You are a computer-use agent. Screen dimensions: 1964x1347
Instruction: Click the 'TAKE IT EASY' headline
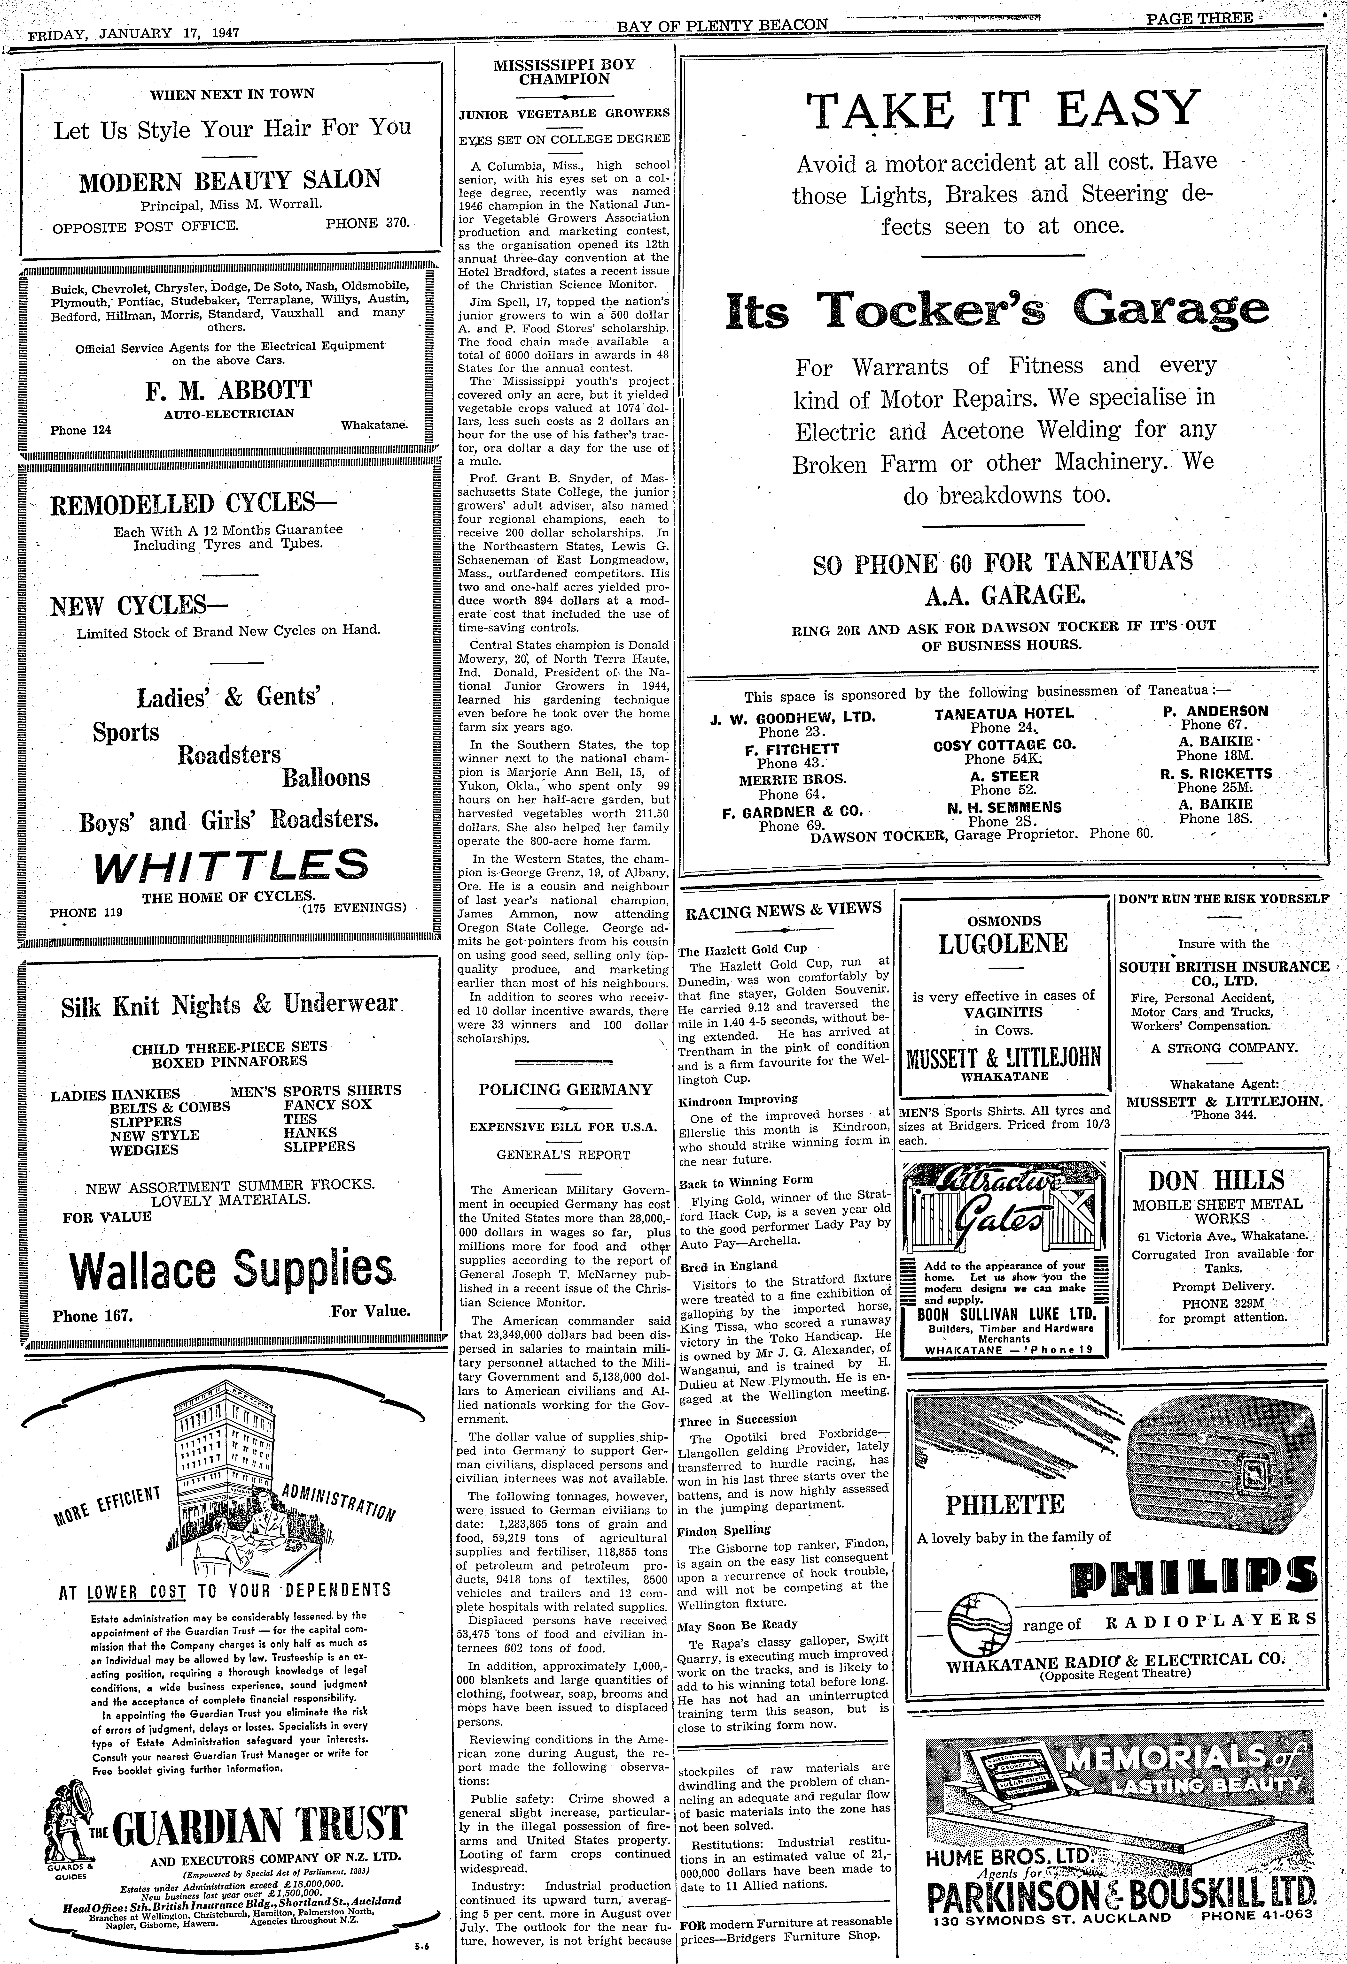(x=1003, y=109)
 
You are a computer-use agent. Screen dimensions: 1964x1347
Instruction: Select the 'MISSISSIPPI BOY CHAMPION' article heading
(x=564, y=72)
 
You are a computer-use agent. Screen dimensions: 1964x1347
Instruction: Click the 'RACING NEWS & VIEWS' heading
(x=782, y=909)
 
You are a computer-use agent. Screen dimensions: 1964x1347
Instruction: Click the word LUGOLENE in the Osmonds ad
(x=1004, y=943)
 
